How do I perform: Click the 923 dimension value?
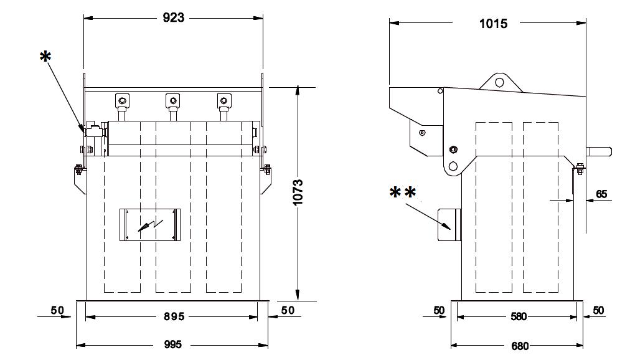coord(173,17)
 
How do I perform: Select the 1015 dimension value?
coord(493,24)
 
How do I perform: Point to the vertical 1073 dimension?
coord(298,192)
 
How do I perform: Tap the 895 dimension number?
coord(174,316)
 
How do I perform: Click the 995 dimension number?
coord(173,344)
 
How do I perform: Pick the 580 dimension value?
coord(519,316)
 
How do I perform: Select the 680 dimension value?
coord(520,346)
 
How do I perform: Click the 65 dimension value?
coord(601,194)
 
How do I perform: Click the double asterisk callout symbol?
coord(403,193)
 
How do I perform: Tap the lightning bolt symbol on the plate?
coord(150,225)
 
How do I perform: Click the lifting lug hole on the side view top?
coord(499,83)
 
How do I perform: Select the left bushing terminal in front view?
coord(122,101)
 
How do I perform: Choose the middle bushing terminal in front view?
coord(173,101)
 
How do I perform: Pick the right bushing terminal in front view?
coord(224,101)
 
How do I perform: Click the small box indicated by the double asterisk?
coord(449,225)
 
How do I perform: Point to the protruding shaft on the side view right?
coord(599,151)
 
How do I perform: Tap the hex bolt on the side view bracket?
coord(453,149)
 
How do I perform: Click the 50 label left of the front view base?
coord(57,310)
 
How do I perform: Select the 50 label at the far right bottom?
coord(598,310)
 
